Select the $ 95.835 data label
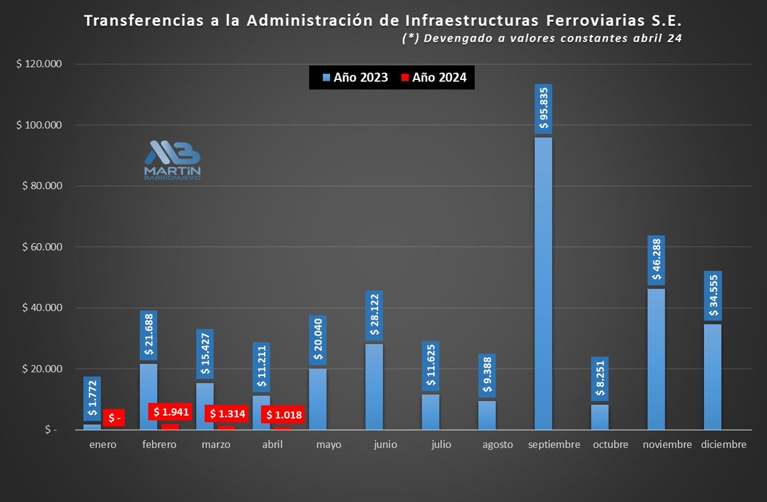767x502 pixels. click(543, 109)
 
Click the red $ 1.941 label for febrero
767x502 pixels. click(170, 412)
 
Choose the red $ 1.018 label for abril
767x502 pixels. click(283, 415)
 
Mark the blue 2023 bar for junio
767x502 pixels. click(375, 386)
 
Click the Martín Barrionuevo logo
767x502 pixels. click(172, 161)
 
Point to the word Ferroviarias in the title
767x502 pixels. click(552, 22)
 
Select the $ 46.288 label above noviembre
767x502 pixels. click(656, 260)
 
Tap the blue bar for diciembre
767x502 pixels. click(713, 377)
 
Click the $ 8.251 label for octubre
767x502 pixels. click(600, 379)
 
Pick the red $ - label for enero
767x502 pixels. click(114, 418)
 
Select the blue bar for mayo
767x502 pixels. click(318, 398)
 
